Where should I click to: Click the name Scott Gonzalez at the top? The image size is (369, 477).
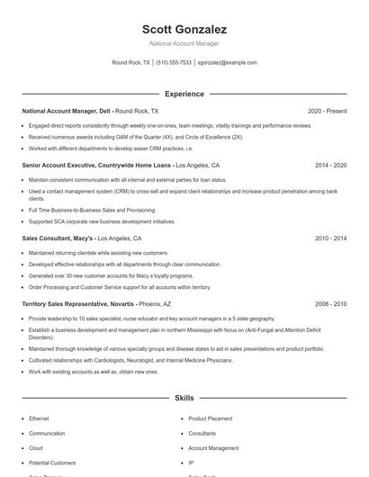pyautogui.click(x=184, y=30)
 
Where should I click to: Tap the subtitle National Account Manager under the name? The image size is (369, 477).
pyautogui.click(x=184, y=43)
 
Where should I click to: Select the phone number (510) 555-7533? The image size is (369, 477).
pyautogui.click(x=174, y=63)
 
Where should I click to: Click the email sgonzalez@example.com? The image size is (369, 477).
pyautogui.click(x=227, y=63)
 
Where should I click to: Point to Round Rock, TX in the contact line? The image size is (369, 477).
pyautogui.click(x=130, y=63)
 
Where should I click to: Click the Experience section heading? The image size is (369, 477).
pyautogui.click(x=184, y=94)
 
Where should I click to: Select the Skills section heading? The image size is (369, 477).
pyautogui.click(x=184, y=397)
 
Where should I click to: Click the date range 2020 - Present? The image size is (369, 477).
pyautogui.click(x=327, y=111)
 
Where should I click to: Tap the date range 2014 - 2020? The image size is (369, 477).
pyautogui.click(x=330, y=166)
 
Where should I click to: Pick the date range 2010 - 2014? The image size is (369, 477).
pyautogui.click(x=330, y=238)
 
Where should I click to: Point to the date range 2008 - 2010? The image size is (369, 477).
pyautogui.click(x=330, y=304)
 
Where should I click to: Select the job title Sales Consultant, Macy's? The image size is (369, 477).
pyautogui.click(x=57, y=238)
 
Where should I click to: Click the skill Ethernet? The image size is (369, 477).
pyautogui.click(x=39, y=418)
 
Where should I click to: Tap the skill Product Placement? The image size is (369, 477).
pyautogui.click(x=210, y=418)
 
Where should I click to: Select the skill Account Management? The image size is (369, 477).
pyautogui.click(x=213, y=447)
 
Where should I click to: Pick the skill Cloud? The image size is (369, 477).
pyautogui.click(x=35, y=447)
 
